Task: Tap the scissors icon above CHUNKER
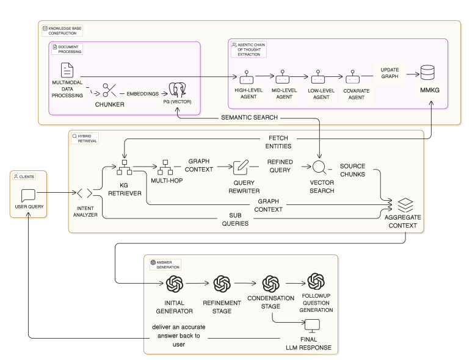(109, 90)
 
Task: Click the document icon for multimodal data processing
(67, 69)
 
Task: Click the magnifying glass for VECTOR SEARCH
(320, 167)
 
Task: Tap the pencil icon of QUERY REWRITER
(241, 167)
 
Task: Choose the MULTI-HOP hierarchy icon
(165, 167)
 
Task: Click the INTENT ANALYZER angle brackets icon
(85, 193)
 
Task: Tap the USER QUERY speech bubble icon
(28, 196)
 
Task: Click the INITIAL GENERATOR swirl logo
(175, 284)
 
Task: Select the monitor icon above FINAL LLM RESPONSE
(313, 325)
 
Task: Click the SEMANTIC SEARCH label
(250, 117)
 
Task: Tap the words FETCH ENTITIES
(278, 142)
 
